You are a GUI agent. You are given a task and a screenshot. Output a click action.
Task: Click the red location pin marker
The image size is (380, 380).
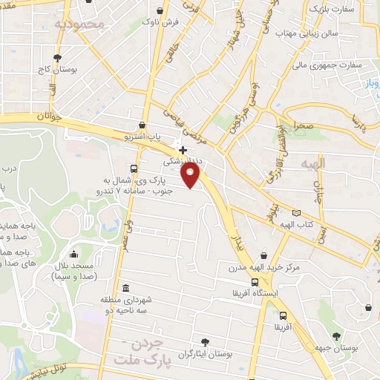(191, 175)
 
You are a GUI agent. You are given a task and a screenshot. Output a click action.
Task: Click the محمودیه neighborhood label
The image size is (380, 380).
(76, 24)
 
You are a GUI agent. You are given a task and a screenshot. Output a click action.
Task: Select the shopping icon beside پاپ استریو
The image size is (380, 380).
(142, 125)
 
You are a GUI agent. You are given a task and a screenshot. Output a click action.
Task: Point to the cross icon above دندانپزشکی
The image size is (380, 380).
(183, 150)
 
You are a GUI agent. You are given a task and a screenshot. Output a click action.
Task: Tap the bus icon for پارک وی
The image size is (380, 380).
(133, 168)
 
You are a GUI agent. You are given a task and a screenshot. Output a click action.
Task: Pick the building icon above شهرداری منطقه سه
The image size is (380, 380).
(125, 288)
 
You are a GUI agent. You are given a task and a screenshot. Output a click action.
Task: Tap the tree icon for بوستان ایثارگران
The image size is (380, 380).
(205, 341)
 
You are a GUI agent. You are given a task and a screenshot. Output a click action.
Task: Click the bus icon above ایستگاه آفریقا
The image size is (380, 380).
(255, 282)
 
